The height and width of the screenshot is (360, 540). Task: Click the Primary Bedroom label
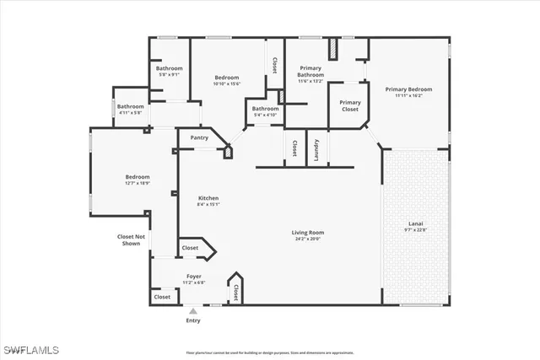[408, 89]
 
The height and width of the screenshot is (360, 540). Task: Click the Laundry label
[316, 148]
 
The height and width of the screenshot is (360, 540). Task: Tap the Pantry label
[199, 137]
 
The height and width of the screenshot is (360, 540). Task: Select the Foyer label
[193, 276]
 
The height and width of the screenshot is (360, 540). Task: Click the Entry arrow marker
[193, 311]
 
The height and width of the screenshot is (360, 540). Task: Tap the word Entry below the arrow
[193, 321]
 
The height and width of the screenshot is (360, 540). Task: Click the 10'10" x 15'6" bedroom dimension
[227, 83]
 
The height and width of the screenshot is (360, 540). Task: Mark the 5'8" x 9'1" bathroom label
[169, 74]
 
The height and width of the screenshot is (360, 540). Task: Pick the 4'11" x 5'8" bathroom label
[130, 112]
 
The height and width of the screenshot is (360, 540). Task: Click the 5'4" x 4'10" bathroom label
[265, 114]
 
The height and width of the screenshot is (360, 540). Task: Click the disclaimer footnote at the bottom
[269, 352]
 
